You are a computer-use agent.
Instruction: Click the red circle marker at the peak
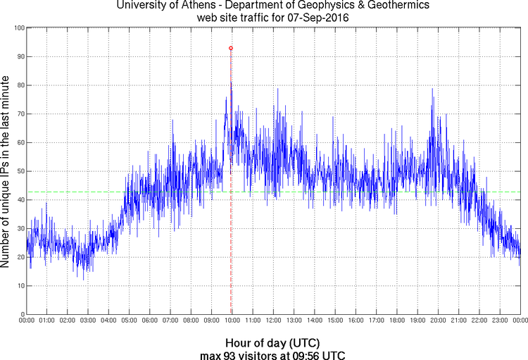[x=231, y=48]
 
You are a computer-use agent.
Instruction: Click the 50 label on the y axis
[x=19, y=171]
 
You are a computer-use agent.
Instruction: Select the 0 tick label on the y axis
[x=21, y=314]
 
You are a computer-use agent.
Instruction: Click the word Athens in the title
[x=210, y=6]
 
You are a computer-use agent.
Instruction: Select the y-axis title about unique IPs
[x=6, y=171]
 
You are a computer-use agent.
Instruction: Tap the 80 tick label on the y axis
[x=19, y=85]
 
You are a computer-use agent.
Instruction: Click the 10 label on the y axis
[x=19, y=286]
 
